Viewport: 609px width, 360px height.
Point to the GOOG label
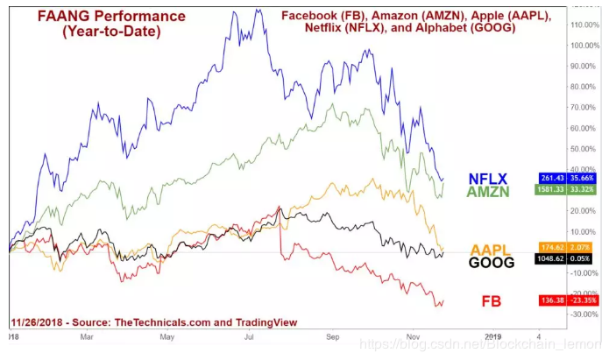pyautogui.click(x=492, y=261)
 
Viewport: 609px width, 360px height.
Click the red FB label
pyautogui.click(x=492, y=301)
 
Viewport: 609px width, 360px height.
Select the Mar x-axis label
pyautogui.click(x=86, y=335)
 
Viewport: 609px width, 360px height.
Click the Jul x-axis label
pyautogui.click(x=250, y=335)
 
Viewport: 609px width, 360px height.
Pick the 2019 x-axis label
pyautogui.click(x=494, y=335)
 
